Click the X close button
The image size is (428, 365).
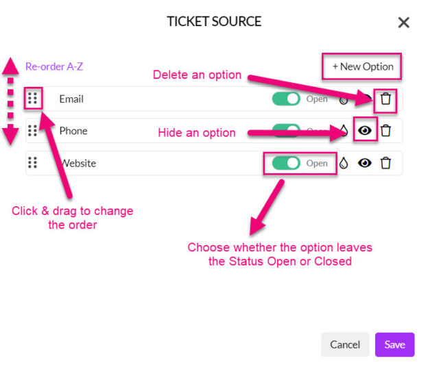click(x=403, y=23)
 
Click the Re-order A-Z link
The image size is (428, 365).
click(x=54, y=66)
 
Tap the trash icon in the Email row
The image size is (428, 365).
click(x=386, y=99)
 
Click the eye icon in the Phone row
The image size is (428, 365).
click(x=366, y=131)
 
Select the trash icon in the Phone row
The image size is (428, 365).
click(x=386, y=131)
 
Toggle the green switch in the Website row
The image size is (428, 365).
click(x=286, y=163)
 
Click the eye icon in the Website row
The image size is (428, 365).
click(x=366, y=163)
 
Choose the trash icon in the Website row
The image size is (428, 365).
click(x=386, y=163)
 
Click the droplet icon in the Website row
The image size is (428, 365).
click(x=344, y=163)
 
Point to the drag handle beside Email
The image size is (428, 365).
click(x=32, y=99)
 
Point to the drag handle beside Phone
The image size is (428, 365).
click(x=32, y=131)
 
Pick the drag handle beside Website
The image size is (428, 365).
click(x=32, y=163)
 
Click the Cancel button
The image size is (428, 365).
click(x=345, y=344)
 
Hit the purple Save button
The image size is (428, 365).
click(x=394, y=344)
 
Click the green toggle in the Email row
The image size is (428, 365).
click(x=286, y=99)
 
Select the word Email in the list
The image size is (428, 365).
click(x=71, y=99)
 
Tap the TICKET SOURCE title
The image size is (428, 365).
click(x=214, y=21)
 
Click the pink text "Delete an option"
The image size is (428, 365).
click(x=197, y=75)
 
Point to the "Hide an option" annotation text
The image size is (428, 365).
click(x=197, y=132)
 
